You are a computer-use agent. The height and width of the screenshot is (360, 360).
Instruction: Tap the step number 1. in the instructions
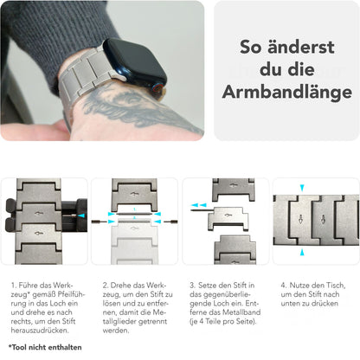(15, 284)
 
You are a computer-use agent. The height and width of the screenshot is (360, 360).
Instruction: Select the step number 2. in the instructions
(105, 284)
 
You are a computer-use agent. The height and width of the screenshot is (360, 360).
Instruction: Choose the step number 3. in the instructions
(193, 284)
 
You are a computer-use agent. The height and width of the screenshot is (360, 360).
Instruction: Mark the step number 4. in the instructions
(283, 284)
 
